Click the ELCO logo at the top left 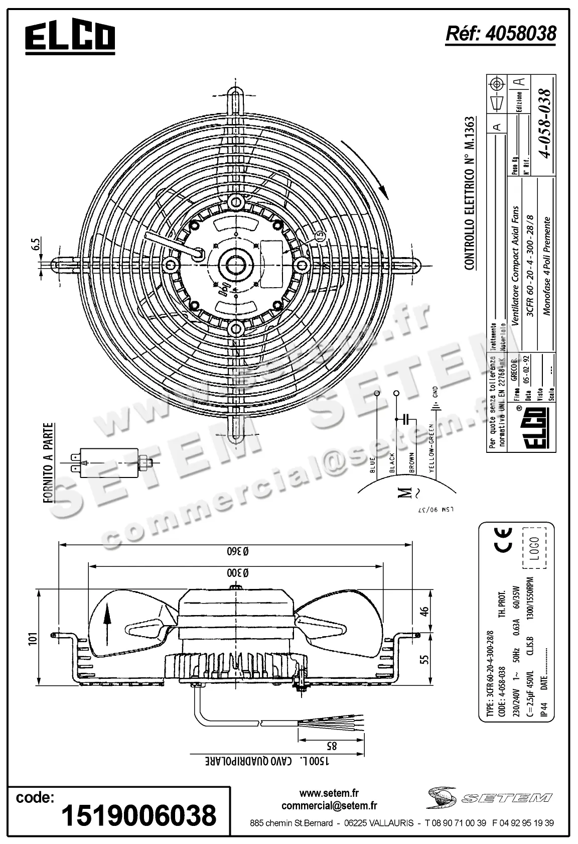[70, 38]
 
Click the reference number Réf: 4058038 [501, 33]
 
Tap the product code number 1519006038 [138, 815]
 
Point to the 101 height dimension [33, 638]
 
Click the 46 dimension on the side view [424, 611]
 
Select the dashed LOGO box [533, 548]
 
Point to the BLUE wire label [372, 464]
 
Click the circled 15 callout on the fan [320, 235]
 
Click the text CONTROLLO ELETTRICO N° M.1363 [469, 193]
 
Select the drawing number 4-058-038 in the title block [544, 123]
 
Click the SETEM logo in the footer [490, 798]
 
